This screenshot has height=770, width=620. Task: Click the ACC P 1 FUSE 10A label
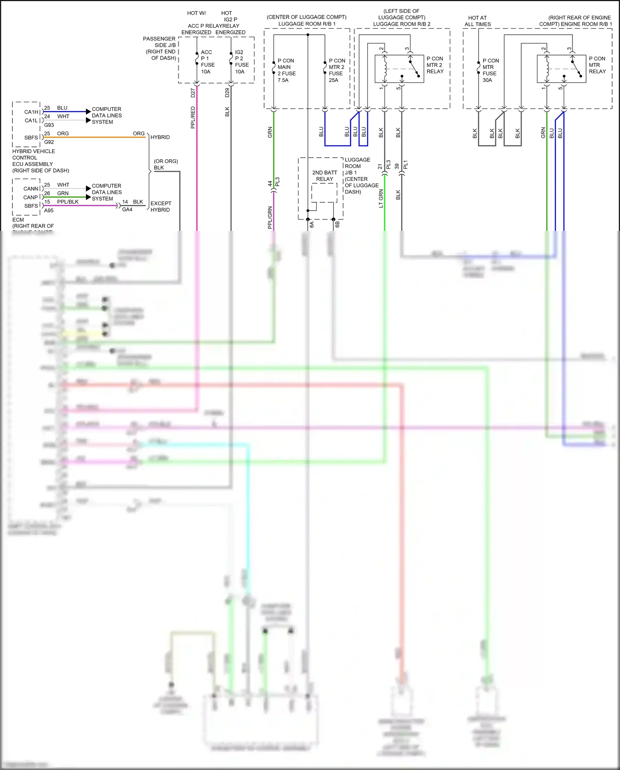[207, 62]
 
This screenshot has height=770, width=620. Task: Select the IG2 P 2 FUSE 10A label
[242, 62]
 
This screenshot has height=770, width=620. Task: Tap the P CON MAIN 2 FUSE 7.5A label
[286, 70]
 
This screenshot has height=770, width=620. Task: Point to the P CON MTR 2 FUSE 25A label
[337, 70]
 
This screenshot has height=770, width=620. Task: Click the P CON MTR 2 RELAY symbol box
[399, 69]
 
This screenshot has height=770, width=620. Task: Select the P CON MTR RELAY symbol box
[561, 69]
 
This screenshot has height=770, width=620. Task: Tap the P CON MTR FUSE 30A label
[491, 70]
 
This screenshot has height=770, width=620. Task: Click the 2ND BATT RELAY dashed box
[324, 193]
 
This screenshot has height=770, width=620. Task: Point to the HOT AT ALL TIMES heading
[477, 21]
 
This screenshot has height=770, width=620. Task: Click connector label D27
[193, 93]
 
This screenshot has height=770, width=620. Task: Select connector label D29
[227, 93]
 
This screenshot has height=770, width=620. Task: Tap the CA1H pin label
[31, 112]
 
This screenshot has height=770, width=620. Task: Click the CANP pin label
[31, 197]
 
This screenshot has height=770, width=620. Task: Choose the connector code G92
[49, 142]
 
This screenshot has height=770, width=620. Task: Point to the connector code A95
[49, 211]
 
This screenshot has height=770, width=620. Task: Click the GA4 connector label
[127, 210]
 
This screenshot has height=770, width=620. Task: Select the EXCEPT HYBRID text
[161, 206]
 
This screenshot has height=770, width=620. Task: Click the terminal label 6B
[337, 224]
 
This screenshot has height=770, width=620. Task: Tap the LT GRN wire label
[381, 198]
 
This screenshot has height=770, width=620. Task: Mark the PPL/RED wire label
[193, 118]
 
